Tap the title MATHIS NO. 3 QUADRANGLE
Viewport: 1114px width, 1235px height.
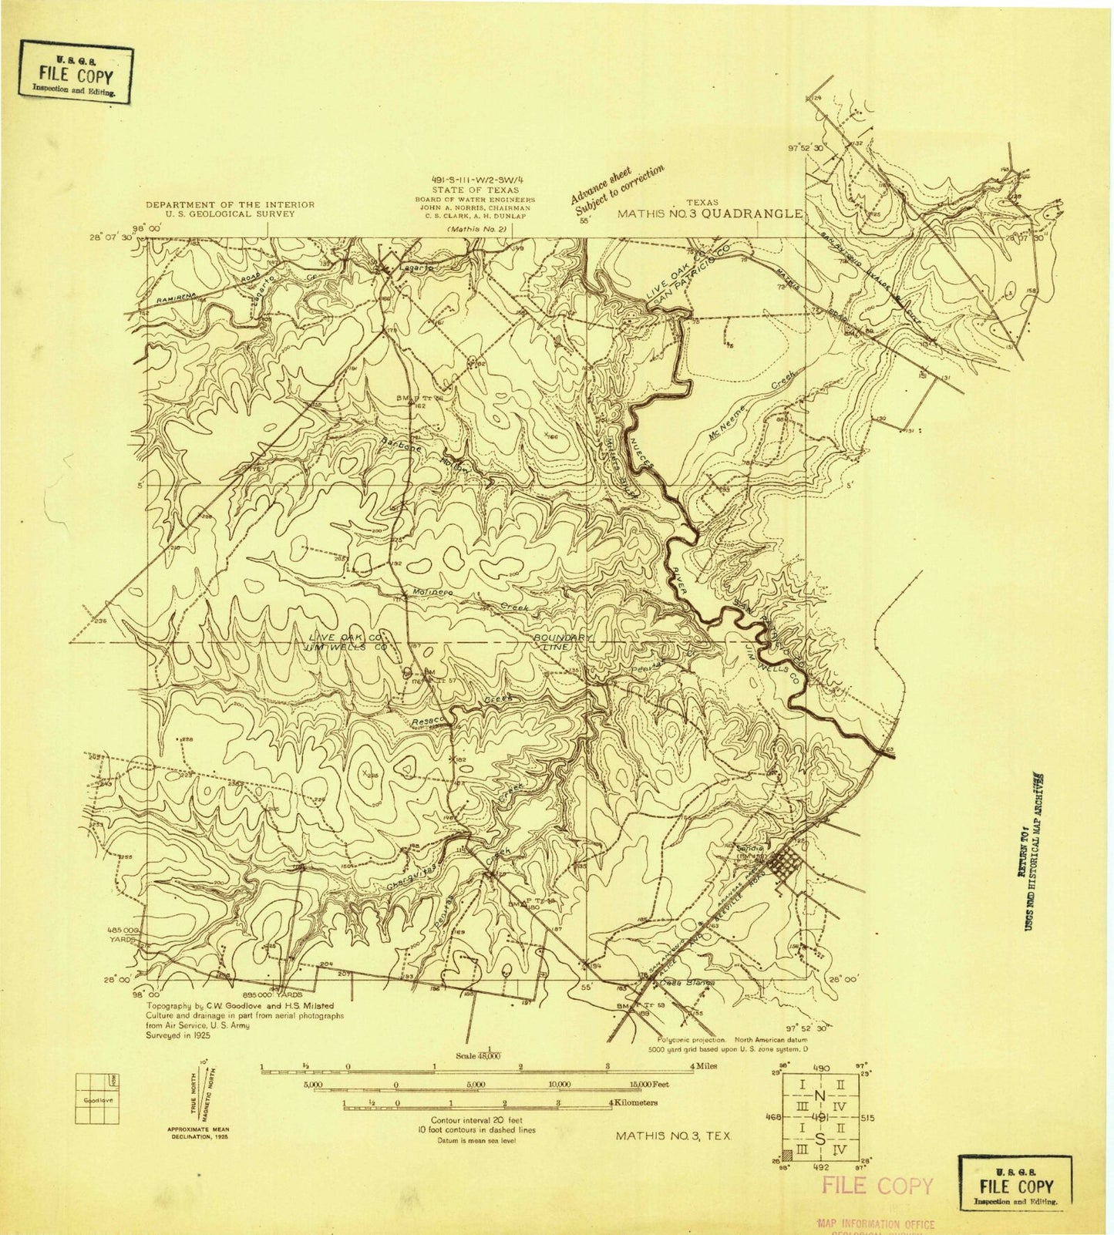coord(709,214)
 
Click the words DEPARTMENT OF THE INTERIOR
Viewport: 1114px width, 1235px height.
coord(231,204)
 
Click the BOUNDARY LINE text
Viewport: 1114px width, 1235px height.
coord(564,642)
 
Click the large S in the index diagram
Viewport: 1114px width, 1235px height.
coord(820,1139)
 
